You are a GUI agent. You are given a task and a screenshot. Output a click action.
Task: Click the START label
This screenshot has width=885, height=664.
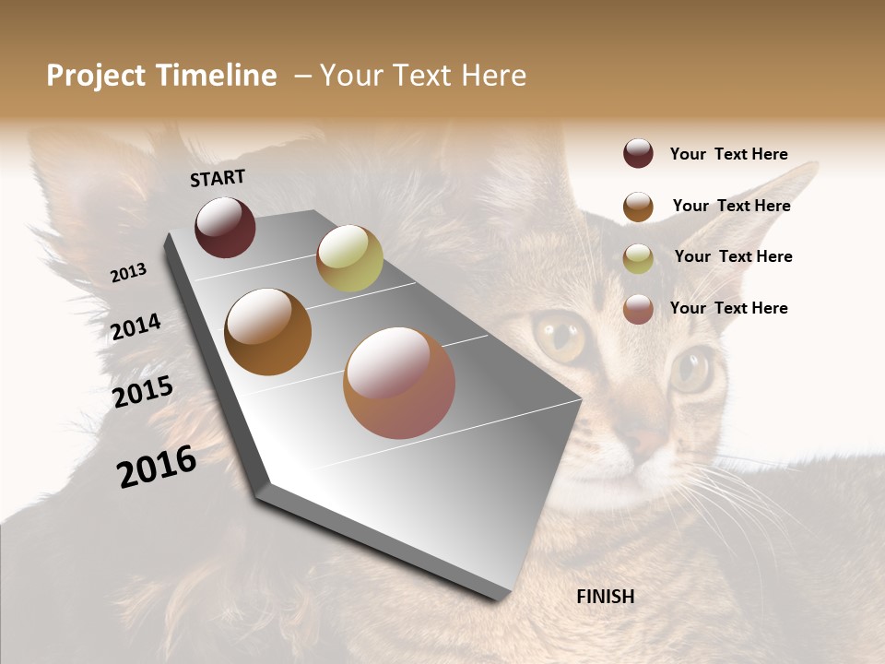218,178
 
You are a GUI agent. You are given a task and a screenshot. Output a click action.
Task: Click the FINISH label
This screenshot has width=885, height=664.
605,597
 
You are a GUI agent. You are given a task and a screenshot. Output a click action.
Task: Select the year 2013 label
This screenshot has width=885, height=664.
128,273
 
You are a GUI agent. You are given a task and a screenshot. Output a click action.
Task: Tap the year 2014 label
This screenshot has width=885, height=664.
136,326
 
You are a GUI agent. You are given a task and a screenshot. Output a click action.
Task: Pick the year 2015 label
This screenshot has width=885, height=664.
143,392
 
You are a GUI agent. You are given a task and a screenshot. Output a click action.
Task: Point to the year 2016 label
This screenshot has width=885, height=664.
157,466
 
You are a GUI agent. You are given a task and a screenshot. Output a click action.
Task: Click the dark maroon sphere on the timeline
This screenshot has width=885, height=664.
225,227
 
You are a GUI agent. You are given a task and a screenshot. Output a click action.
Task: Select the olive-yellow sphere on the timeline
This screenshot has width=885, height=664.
349,258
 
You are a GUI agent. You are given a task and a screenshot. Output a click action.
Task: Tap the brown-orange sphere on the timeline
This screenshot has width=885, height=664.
267,332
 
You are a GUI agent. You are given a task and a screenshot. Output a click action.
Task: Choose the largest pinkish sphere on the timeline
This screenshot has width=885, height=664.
399,383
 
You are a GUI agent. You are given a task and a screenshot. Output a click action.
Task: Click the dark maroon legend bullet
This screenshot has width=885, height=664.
638,153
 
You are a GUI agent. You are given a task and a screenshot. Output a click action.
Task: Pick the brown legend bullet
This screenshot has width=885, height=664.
638,207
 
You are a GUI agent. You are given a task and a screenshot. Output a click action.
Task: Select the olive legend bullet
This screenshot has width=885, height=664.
638,258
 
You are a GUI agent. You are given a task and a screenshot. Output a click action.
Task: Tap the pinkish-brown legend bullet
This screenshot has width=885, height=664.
638,309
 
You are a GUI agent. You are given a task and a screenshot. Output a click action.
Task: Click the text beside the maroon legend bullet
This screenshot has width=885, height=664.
728,154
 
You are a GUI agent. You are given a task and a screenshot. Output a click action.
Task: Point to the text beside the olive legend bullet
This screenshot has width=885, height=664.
733,256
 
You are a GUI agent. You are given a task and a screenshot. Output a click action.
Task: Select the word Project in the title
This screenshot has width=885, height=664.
96,76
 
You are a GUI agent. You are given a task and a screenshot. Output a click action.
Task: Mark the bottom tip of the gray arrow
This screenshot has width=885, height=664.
502,599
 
